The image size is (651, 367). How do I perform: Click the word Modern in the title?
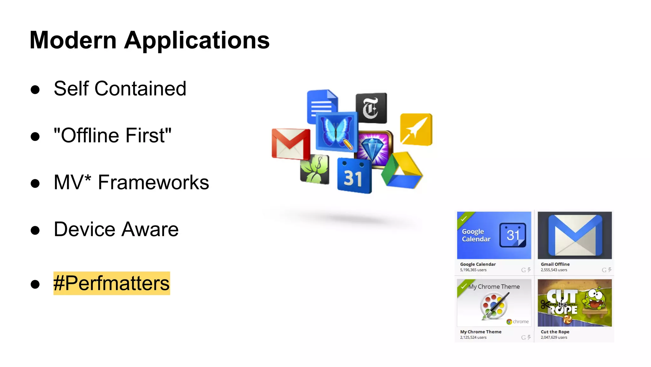(x=73, y=40)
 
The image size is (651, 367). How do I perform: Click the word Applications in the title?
(x=197, y=40)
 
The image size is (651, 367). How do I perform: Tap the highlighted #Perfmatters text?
(x=112, y=283)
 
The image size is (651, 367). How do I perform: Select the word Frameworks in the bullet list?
(x=153, y=182)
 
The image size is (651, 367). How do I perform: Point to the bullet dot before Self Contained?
(x=35, y=89)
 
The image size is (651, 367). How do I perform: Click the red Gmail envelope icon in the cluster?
(x=290, y=144)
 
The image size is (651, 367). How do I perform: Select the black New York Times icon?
(x=371, y=108)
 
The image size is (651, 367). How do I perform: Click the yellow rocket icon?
(x=416, y=129)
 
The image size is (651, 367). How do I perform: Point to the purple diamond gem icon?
(x=374, y=148)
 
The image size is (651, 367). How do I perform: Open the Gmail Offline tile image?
(x=574, y=235)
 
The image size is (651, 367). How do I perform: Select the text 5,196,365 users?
(x=473, y=270)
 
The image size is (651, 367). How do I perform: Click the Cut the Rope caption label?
(x=555, y=332)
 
